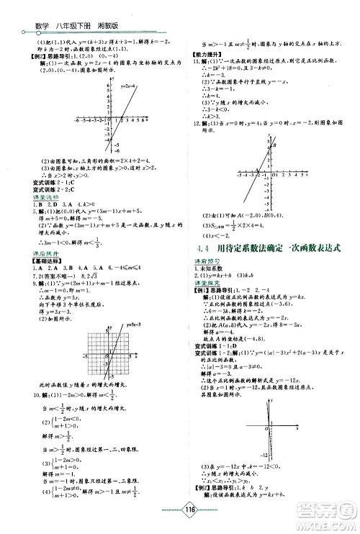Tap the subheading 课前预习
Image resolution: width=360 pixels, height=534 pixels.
(x=205, y=262)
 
